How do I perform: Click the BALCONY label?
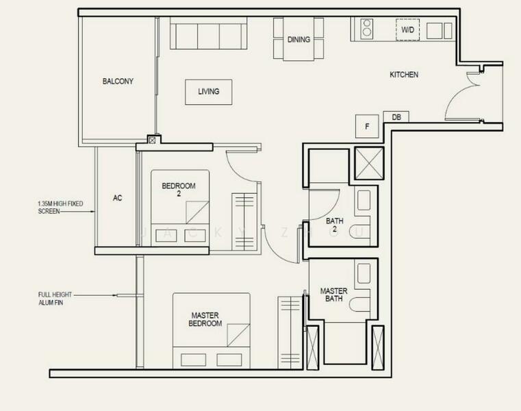tap(118, 81)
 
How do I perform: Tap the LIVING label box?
tap(209, 92)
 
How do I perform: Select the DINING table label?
tap(298, 40)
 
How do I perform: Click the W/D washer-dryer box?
tap(407, 30)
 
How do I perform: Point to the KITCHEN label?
tap(404, 74)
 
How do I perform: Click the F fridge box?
tap(367, 126)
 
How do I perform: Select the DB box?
tap(396, 117)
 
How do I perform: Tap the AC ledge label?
tap(117, 198)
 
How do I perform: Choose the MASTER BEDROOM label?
tap(206, 319)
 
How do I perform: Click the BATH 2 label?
tap(334, 225)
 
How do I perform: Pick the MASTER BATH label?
tap(334, 295)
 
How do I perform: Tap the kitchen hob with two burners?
tap(366, 30)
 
